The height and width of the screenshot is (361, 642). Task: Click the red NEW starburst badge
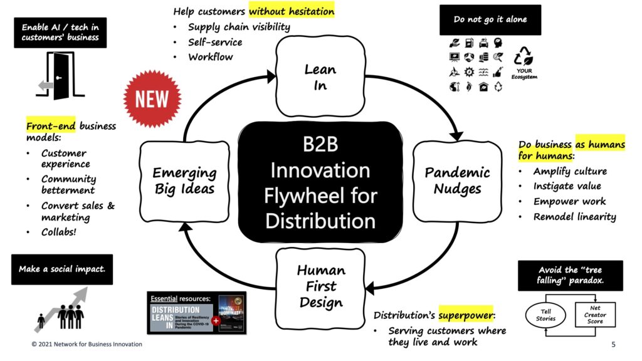[152, 99]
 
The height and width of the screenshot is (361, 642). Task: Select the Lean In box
[320, 77]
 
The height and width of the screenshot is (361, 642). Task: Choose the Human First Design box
[320, 286]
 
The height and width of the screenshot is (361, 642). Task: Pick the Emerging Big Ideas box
[184, 181]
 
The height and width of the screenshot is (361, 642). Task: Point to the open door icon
[60, 76]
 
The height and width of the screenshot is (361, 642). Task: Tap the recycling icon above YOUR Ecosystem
[524, 58]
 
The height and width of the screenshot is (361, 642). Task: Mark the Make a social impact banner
[61, 269]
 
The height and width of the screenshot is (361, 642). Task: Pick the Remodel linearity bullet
[574, 217]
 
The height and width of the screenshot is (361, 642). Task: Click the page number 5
[613, 345]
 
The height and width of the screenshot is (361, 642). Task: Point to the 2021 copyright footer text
[87, 345]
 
